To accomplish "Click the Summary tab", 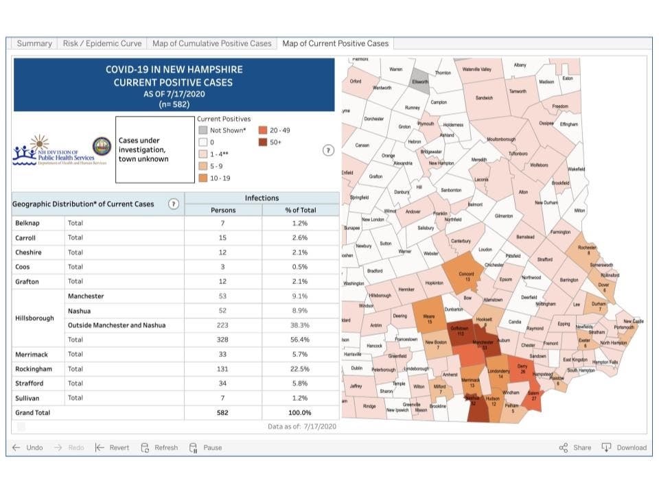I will click(34, 43).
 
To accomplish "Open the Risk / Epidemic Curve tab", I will click(102, 43).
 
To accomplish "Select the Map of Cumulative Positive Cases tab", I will click(211, 43).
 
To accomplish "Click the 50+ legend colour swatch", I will click(264, 142).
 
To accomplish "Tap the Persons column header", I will click(223, 210).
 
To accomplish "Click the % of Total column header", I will click(299, 210).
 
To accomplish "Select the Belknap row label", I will click(28, 224).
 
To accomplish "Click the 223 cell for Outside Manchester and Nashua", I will click(223, 325).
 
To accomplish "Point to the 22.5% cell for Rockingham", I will click(299, 368).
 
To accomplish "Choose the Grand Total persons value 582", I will click(223, 412).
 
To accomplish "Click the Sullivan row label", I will click(28, 397).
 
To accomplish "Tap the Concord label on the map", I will click(467, 274).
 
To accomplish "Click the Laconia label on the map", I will click(481, 179).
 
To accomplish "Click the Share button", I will click(575, 447).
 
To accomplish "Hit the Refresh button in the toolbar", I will click(159, 447).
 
